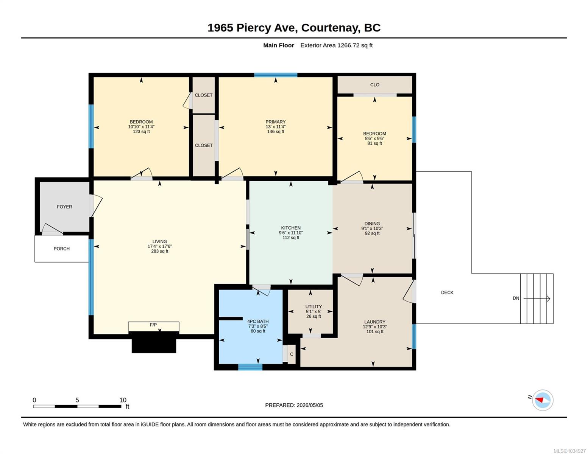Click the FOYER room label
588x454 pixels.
64,207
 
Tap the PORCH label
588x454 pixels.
61,249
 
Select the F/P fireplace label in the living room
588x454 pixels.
153,325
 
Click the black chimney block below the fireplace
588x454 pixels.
154,343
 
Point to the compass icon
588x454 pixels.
542,400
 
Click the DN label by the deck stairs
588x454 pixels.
516,298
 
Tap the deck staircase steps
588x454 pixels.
537,299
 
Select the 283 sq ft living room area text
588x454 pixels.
160,251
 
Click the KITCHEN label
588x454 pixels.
291,228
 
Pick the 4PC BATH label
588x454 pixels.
257,322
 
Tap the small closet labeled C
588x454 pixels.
292,354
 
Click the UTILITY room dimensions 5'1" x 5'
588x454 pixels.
313,311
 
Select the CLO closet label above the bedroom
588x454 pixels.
374,85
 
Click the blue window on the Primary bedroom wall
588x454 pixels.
276,75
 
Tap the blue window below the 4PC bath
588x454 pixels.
250,367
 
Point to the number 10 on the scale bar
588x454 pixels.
123,400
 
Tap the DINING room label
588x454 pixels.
372,224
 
